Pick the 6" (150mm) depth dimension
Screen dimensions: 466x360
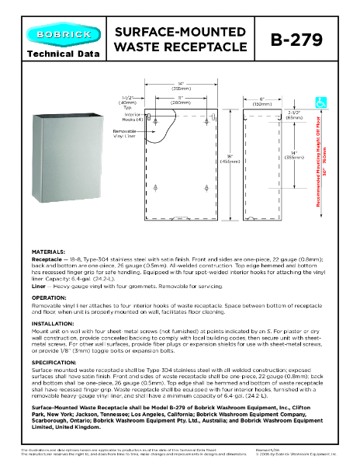pos(255,99)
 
